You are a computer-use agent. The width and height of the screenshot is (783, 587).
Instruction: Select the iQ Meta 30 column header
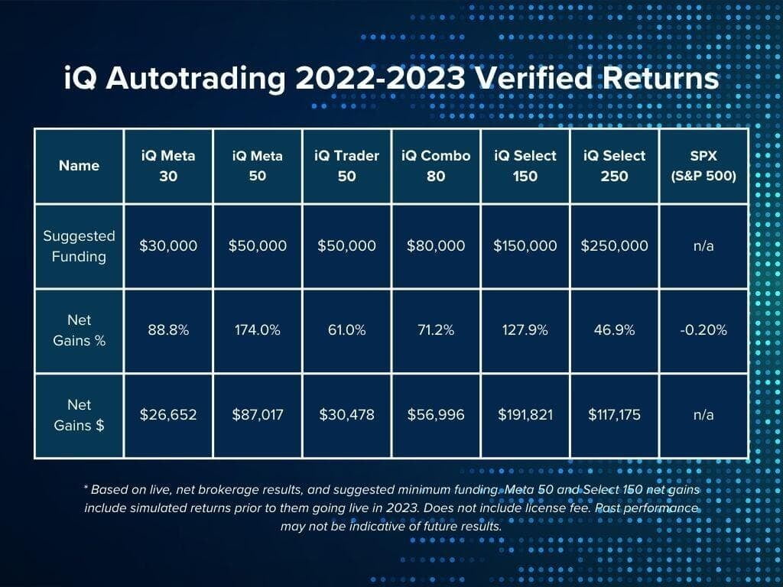point(168,166)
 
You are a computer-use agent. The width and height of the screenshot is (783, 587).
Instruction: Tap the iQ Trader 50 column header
point(346,166)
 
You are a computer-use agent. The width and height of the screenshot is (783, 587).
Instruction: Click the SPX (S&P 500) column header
point(703,166)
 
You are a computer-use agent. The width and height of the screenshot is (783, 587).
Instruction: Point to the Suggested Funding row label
point(79,246)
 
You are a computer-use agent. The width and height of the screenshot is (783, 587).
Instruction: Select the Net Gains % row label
point(79,330)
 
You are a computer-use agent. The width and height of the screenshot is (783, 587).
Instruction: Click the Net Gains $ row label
point(79,415)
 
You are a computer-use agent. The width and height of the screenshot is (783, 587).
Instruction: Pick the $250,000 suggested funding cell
point(614,245)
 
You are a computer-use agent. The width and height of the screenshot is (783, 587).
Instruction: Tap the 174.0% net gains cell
point(258,330)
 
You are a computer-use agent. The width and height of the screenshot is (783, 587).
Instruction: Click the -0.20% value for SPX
point(703,330)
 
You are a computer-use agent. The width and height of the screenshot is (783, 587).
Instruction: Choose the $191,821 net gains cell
point(525,415)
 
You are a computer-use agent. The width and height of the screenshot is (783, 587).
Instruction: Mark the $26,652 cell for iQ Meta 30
point(168,415)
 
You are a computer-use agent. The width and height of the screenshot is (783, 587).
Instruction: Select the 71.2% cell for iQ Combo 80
point(436,330)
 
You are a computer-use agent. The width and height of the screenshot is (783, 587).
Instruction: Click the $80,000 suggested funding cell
point(436,245)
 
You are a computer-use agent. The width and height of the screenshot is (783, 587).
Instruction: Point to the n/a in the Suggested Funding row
point(703,246)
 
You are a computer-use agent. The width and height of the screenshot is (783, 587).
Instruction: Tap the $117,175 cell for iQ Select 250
point(614,415)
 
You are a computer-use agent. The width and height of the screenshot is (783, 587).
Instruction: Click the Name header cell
point(79,166)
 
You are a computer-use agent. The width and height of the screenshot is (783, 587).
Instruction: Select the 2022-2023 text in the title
point(380,78)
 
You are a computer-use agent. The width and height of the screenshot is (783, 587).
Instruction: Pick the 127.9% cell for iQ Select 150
point(525,330)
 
